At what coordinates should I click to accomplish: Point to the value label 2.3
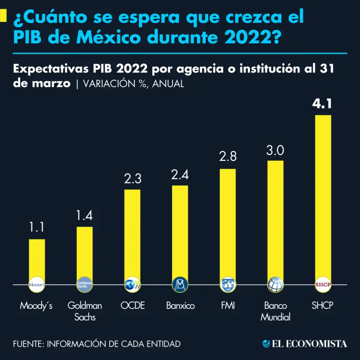click(x=132, y=179)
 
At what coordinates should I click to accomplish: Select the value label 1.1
click(x=37, y=228)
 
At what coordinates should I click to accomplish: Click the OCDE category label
click(x=133, y=306)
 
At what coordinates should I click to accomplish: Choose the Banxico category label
click(x=180, y=306)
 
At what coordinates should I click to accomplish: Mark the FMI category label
click(x=228, y=306)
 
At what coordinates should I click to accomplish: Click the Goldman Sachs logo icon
click(x=85, y=285)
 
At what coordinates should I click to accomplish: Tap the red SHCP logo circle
click(x=322, y=285)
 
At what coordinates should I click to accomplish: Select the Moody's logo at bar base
click(x=37, y=285)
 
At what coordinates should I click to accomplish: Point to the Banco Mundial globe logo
click(x=275, y=285)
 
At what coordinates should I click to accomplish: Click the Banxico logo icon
click(x=180, y=285)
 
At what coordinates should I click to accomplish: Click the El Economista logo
click(x=305, y=344)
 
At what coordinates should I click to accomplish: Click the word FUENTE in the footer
click(x=28, y=344)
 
